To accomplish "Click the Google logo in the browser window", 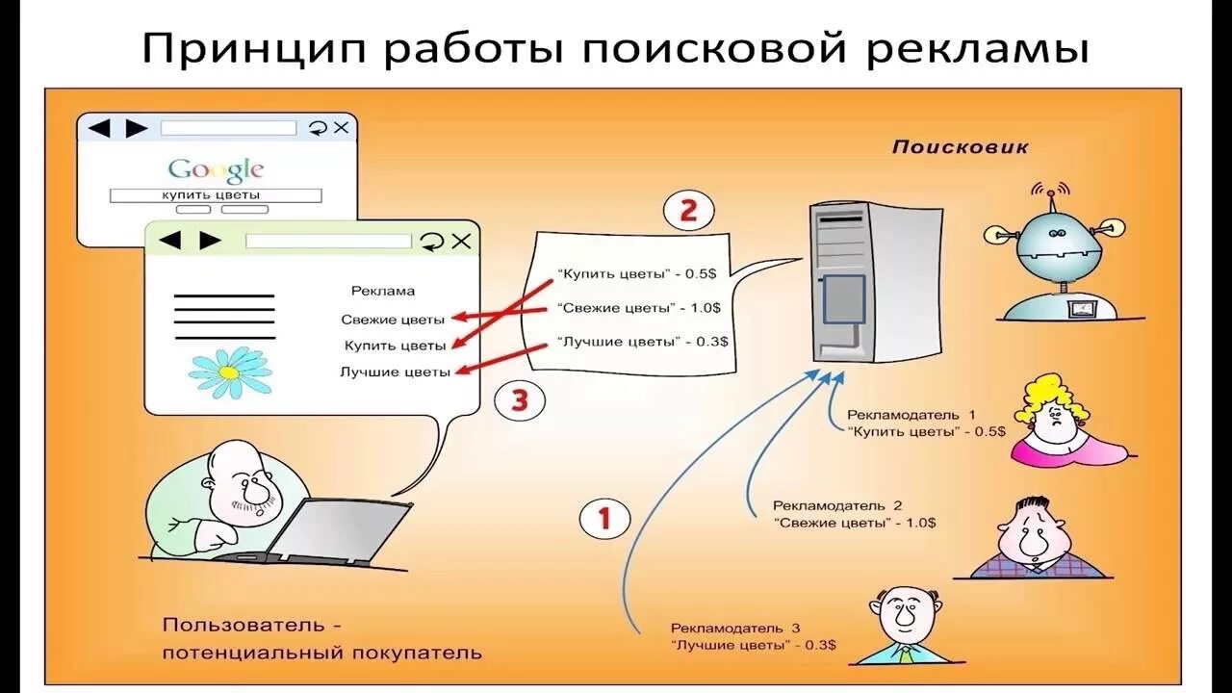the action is coord(216,171).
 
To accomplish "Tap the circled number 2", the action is coord(688,211).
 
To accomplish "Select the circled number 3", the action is coord(520,400).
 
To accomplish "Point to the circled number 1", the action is coord(604,520).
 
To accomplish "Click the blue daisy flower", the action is coord(230,371).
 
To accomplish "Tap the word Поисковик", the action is coord(960,147).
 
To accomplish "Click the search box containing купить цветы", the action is coord(215,195).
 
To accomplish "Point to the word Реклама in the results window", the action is coord(382,291).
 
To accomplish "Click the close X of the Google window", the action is coord(342,128).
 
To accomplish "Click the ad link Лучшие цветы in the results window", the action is coord(395,372).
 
